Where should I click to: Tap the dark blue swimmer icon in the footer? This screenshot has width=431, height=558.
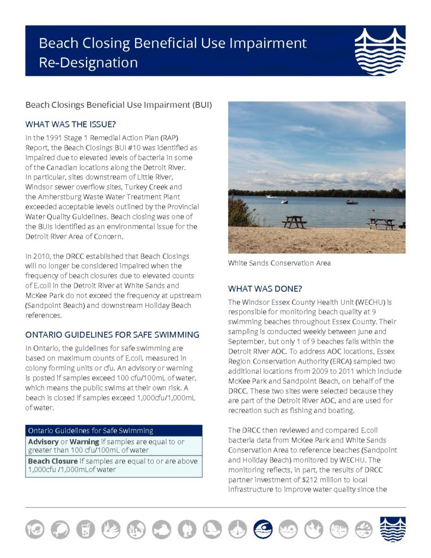[263, 528]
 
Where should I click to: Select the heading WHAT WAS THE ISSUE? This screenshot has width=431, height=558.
[71, 124]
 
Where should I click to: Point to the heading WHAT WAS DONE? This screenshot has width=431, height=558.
[265, 288]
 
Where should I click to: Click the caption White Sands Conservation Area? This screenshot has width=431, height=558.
[279, 263]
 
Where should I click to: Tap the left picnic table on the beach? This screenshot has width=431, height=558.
[294, 221]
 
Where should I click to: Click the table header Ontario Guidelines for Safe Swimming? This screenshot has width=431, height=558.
[90, 430]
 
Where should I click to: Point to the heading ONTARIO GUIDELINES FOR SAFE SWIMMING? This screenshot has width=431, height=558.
[112, 335]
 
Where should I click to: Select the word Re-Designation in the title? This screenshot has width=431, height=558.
[88, 62]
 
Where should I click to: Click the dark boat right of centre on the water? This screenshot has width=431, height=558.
[352, 202]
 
